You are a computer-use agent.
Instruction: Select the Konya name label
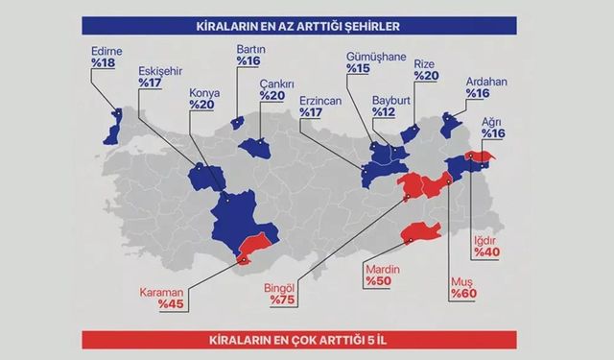(x=205, y=93)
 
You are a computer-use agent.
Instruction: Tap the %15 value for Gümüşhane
(x=358, y=69)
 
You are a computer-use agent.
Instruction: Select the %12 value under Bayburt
(x=383, y=111)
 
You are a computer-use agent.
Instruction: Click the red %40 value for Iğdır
(x=487, y=252)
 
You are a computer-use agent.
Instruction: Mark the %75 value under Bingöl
(x=282, y=300)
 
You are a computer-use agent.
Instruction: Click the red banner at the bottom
(x=306, y=340)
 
